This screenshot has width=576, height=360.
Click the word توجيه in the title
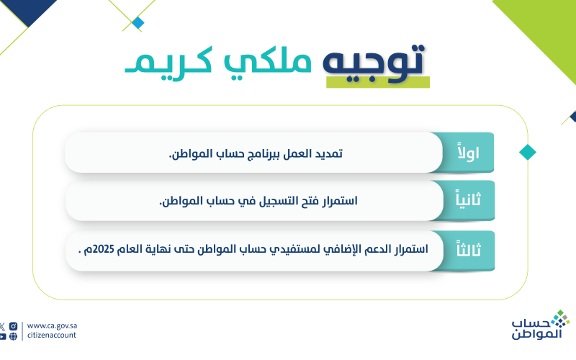pos(374,63)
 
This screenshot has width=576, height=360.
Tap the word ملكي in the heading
pos(267,63)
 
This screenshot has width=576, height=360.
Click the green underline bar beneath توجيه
pos(378,82)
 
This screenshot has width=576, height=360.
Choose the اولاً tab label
pos(469,152)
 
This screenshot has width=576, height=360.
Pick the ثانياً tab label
pos(469,199)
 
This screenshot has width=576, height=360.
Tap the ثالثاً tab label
pos(469,248)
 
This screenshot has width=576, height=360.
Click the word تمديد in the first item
pos(330,153)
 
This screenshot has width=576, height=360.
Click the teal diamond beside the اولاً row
pos(528,152)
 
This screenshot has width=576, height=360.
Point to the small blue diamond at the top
pos(138,23)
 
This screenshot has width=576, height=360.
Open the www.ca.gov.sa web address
pos(52,326)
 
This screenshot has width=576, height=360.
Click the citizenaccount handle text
pos(52,335)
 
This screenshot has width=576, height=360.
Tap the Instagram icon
pos(13,326)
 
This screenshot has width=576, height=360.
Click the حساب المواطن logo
pos(541,325)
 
